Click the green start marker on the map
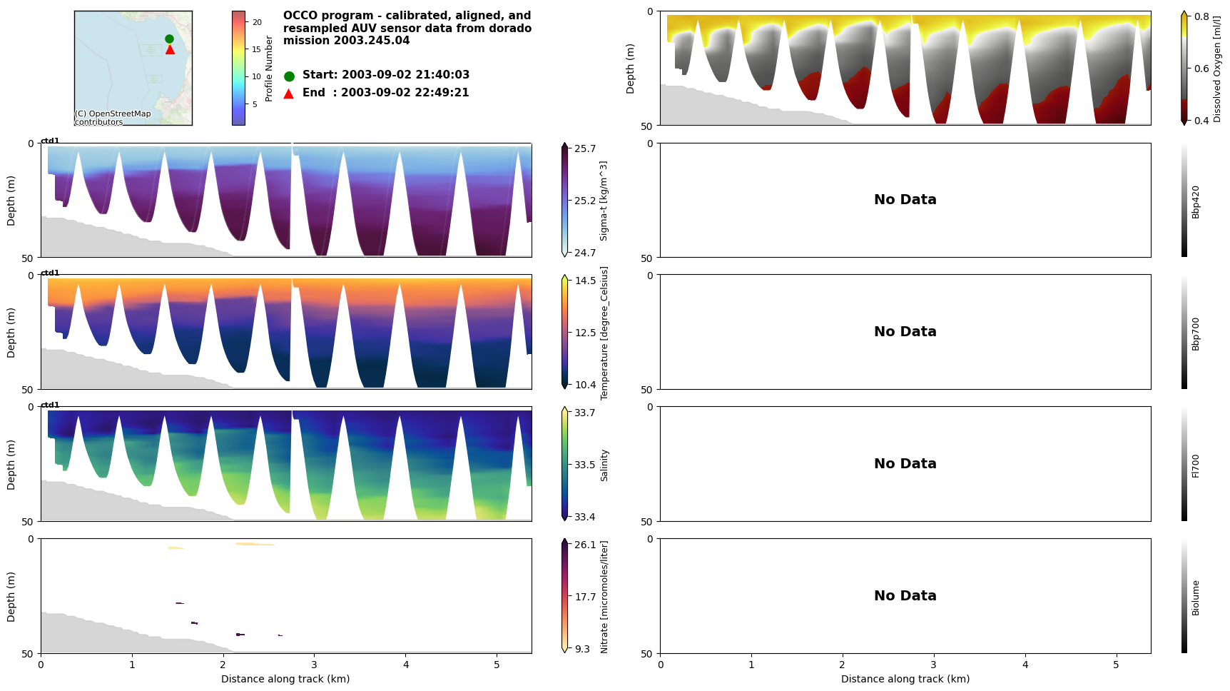pyautogui.click(x=169, y=39)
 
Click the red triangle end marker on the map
pyautogui.click(x=170, y=49)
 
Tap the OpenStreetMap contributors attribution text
pyautogui.click(x=113, y=118)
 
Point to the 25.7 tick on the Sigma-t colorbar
pyautogui.click(x=585, y=148)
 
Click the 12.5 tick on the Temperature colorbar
pyautogui.click(x=585, y=333)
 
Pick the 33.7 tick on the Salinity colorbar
pyautogui.click(x=585, y=413)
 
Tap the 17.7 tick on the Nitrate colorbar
pyautogui.click(x=585, y=597)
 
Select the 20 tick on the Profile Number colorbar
pyautogui.click(x=257, y=22)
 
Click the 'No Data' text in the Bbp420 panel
pyautogui.click(x=905, y=200)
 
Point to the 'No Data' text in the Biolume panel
pyautogui.click(x=905, y=595)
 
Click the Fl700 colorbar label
pyautogui.click(x=1196, y=465)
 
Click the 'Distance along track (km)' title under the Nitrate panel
pyautogui.click(x=285, y=679)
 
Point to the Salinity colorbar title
pyautogui.click(x=604, y=465)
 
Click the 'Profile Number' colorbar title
pyautogui.click(x=269, y=69)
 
